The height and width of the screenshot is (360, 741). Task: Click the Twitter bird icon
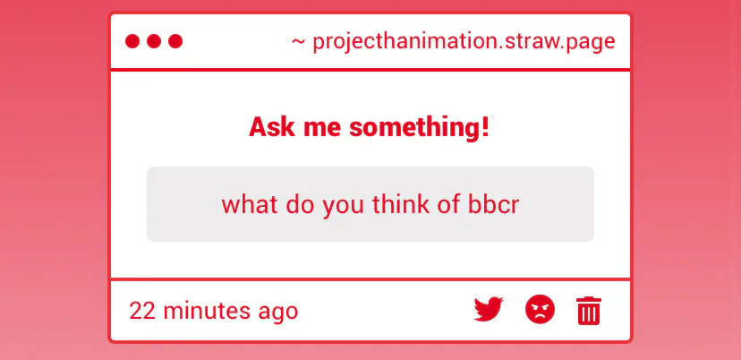pos(489,309)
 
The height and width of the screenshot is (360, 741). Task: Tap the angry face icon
pos(540,309)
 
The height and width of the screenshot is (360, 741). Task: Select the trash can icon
pos(589,311)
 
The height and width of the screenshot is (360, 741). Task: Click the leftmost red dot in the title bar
pos(132,41)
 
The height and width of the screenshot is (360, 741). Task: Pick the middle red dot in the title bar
pos(154,41)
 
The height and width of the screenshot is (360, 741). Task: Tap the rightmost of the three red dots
pos(175,41)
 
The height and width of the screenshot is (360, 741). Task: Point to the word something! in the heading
pos(419,128)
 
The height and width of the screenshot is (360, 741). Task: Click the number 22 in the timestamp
pos(142,311)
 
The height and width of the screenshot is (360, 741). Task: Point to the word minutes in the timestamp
pos(207,311)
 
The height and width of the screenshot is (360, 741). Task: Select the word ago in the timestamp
pos(277,313)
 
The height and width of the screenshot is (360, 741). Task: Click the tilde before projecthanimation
pos(298,41)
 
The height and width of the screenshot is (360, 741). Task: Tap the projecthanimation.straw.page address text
pos(464,41)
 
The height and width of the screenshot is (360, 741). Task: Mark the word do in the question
pos(300,204)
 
